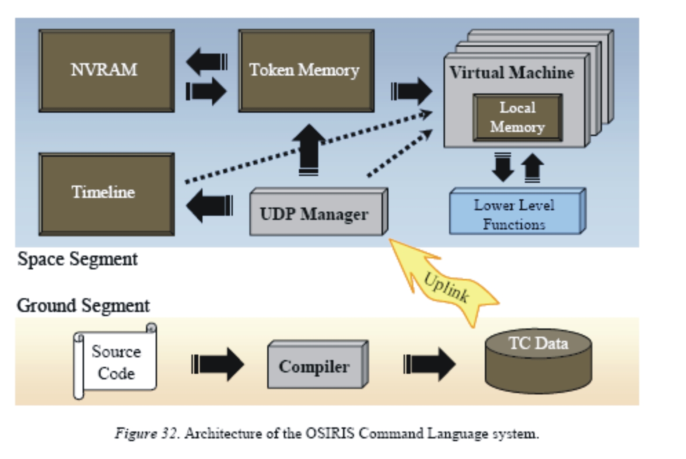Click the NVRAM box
click(x=106, y=71)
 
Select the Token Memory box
click(x=306, y=71)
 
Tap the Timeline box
click(x=106, y=194)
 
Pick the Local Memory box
click(x=517, y=118)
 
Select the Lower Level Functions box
click(x=516, y=213)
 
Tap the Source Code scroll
click(x=115, y=362)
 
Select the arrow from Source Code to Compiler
click(x=217, y=364)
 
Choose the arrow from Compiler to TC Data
click(x=429, y=364)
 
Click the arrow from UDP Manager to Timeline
click(x=209, y=205)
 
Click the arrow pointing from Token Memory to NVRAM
click(x=206, y=62)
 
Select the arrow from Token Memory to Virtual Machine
click(x=411, y=91)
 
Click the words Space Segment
click(x=77, y=259)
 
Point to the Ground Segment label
click(x=83, y=306)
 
